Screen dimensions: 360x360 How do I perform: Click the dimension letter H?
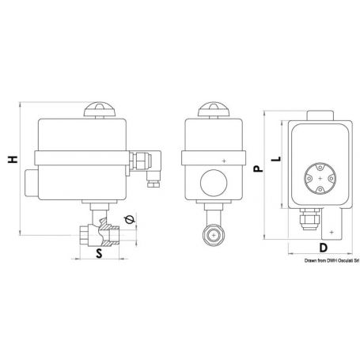click(x=13, y=159)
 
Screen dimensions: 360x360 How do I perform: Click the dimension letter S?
click(x=99, y=253)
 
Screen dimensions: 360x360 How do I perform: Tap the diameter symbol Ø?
click(x=130, y=219)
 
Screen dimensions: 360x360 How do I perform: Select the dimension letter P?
click(x=258, y=169)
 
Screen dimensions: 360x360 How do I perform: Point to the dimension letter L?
click(x=276, y=159)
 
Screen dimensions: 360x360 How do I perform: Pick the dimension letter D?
click(x=324, y=248)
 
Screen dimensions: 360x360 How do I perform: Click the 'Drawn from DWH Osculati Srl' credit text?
click(x=332, y=260)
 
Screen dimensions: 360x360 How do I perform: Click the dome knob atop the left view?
click(x=100, y=109)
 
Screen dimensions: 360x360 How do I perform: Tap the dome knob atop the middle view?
click(x=214, y=109)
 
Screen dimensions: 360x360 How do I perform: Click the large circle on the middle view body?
click(x=214, y=183)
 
